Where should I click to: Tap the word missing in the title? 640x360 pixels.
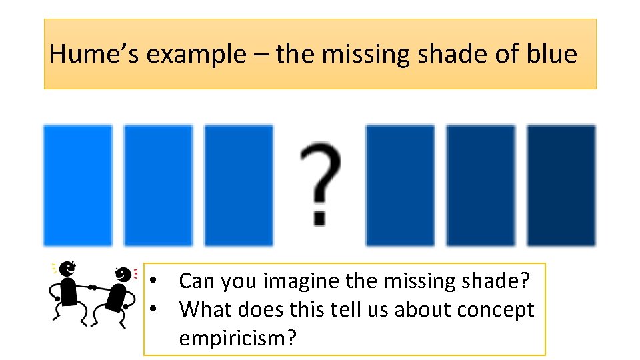point(365,53)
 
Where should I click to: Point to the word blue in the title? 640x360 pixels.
point(551,53)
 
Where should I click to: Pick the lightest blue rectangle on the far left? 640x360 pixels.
point(77,185)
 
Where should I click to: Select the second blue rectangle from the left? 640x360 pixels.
point(158,185)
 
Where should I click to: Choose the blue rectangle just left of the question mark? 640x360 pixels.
point(239,185)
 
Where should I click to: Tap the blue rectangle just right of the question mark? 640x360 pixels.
point(400,185)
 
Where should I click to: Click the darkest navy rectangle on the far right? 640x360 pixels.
point(561,185)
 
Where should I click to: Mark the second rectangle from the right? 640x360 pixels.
point(481,185)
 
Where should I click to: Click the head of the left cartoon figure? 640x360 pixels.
point(67,269)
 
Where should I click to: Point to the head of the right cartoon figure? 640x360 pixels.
point(123,273)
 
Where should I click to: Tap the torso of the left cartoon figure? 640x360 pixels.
point(69,291)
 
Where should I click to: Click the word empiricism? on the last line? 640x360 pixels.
point(237,339)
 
